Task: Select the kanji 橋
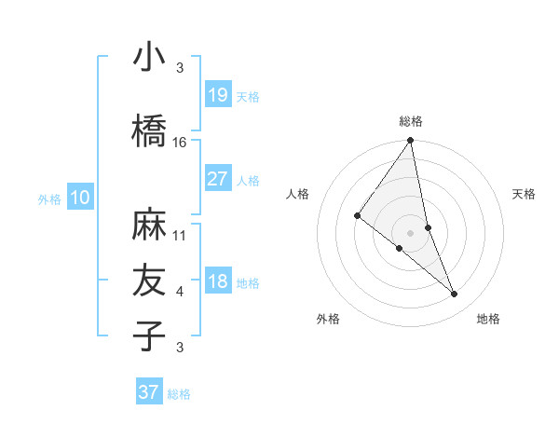click(149, 131)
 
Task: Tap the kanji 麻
click(149, 226)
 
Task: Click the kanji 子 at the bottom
click(149, 335)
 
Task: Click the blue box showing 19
click(217, 95)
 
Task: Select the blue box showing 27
click(217, 179)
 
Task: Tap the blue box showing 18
click(217, 282)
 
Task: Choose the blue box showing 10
click(79, 197)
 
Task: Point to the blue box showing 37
click(148, 392)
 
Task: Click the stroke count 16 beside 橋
click(180, 142)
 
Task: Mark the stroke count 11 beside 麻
click(180, 235)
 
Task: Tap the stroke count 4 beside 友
click(180, 292)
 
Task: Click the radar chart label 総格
click(411, 121)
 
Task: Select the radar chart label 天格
click(524, 194)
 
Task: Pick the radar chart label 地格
click(488, 319)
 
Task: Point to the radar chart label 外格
click(328, 319)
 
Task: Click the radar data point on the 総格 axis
click(411, 142)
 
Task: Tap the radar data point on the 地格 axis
click(455, 294)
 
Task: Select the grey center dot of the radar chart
click(411, 233)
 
